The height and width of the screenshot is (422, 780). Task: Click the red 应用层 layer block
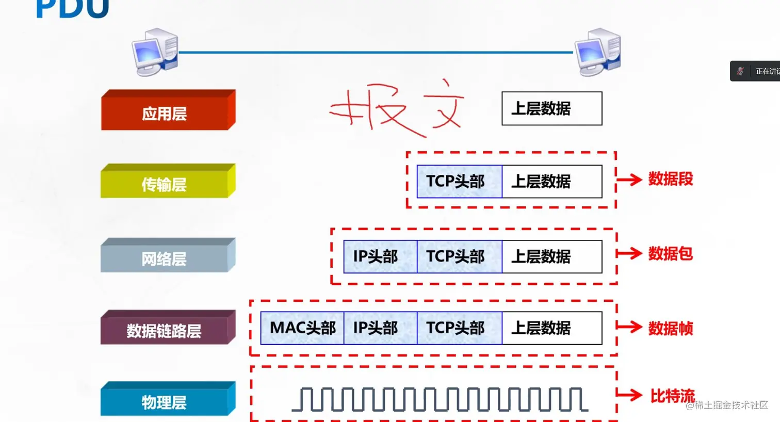pos(165,113)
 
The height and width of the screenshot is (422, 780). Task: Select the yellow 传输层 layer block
pos(165,184)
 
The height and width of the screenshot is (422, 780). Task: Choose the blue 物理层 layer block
pos(165,401)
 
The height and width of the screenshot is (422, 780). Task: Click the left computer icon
pos(155,52)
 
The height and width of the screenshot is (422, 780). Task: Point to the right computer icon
pos(598,52)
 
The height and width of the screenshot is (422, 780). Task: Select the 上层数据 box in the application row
pos(551,108)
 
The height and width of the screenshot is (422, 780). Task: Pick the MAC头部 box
pos(302,328)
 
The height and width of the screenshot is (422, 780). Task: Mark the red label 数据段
pos(670,179)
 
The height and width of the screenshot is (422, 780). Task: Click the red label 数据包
pos(670,253)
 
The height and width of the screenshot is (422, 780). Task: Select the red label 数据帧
pos(670,328)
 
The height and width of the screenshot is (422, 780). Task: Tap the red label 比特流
pos(672,396)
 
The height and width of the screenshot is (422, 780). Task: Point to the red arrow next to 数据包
pos(629,253)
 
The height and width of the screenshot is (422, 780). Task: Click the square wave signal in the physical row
pos(440,399)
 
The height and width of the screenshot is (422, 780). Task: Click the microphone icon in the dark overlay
pos(740,71)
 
